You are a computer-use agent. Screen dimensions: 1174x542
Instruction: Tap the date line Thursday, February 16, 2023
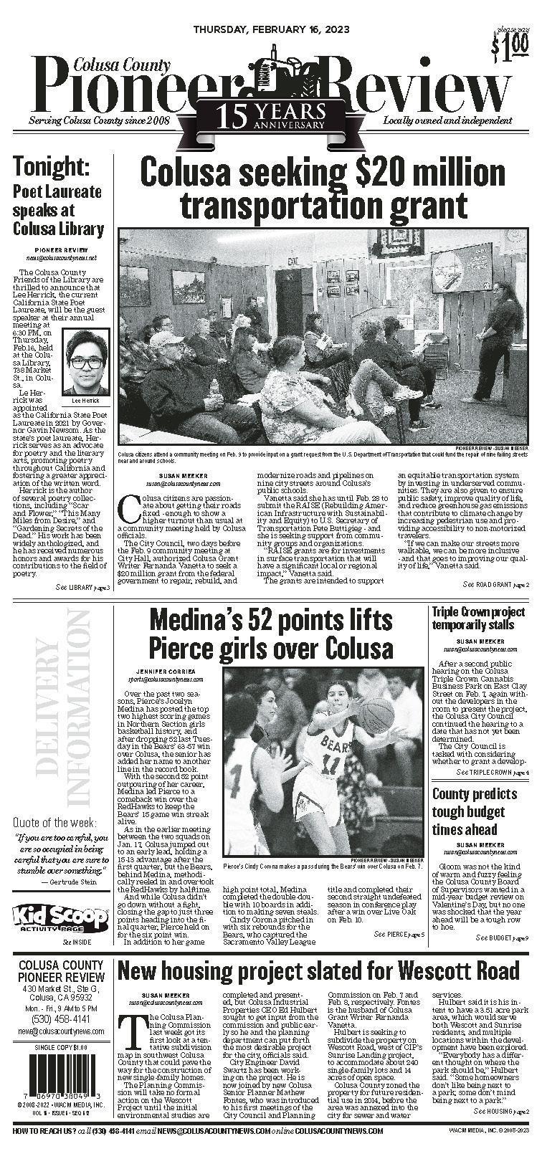tap(270, 9)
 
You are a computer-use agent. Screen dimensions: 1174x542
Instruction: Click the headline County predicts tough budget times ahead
tap(474, 811)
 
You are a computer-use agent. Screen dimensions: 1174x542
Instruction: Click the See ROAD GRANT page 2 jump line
tap(496, 585)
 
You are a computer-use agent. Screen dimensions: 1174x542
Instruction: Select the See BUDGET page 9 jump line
tap(502, 937)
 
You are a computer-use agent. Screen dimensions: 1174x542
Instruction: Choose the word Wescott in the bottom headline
tap(406, 971)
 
